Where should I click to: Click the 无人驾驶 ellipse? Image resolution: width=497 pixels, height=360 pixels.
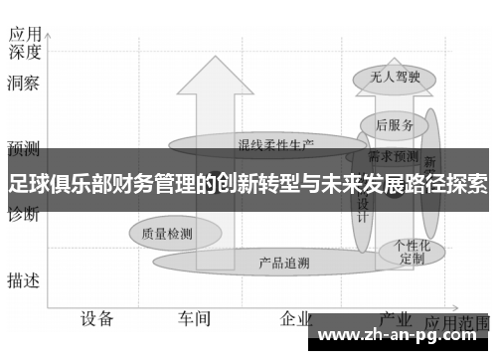pos(389,76)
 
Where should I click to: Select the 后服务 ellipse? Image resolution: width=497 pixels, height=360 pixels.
pos(396,125)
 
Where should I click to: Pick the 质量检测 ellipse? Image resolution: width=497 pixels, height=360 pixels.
pos(167,234)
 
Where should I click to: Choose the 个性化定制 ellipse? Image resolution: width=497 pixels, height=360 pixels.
pos(412,251)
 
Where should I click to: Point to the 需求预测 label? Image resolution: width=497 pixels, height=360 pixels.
pos(393,156)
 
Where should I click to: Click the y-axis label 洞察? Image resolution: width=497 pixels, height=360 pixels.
pos(23,84)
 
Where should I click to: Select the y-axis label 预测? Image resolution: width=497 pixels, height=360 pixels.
pos(23,149)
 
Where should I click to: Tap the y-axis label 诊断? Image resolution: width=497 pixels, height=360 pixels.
pos(23,214)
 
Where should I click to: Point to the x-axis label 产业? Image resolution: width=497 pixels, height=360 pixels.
pos(397,318)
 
